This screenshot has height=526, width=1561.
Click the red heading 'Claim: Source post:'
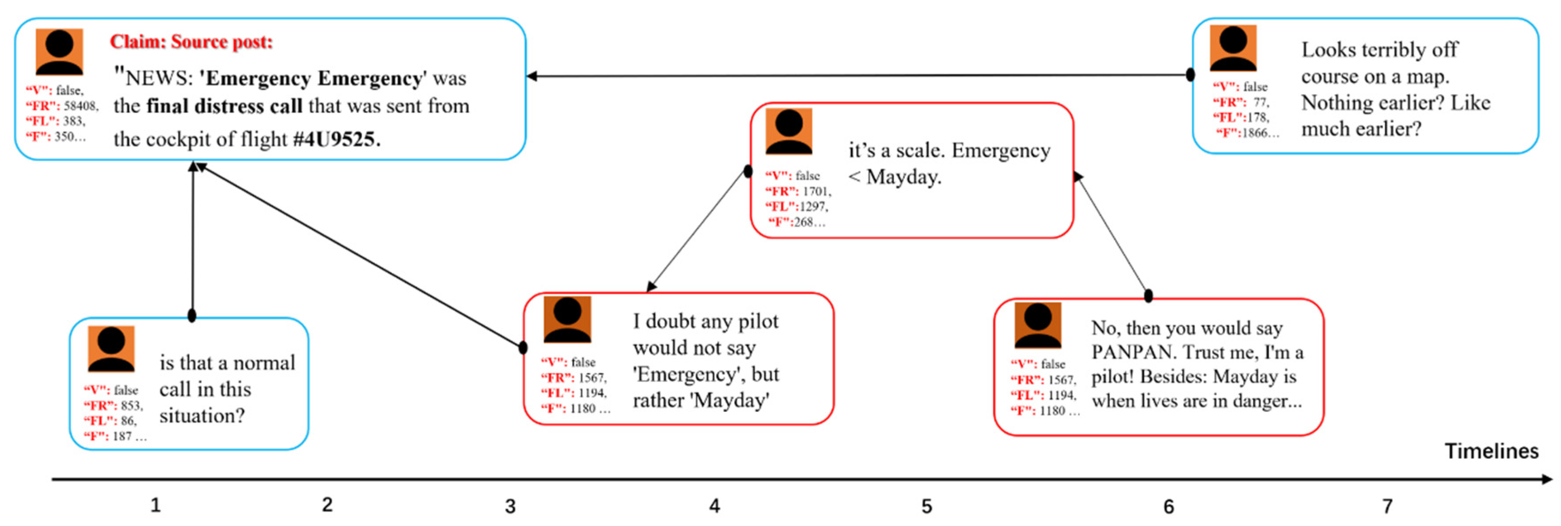click(x=191, y=42)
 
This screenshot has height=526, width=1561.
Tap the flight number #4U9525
click(x=337, y=139)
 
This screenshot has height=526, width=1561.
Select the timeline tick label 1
click(x=156, y=504)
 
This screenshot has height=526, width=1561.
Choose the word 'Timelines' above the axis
click(x=1491, y=451)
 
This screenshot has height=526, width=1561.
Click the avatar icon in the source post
click(x=59, y=52)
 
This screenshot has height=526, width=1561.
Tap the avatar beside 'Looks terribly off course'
click(x=1233, y=49)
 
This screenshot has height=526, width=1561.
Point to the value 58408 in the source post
click(x=80, y=106)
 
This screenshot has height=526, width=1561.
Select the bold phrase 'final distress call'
click(x=224, y=106)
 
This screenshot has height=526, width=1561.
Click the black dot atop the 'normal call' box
click(x=192, y=315)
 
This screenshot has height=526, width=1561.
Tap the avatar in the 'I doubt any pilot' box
click(x=567, y=319)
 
